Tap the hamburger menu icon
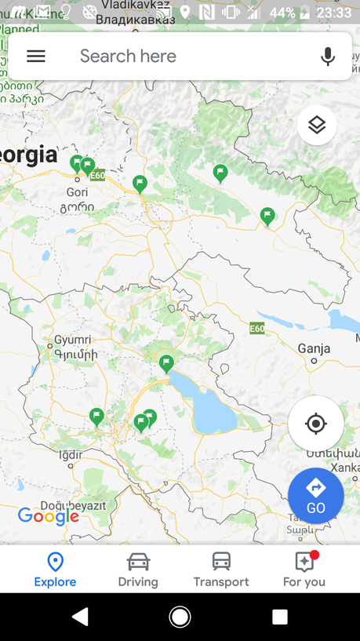pyautogui.click(x=36, y=56)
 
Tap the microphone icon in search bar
pyautogui.click(x=328, y=56)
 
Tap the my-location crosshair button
pyautogui.click(x=315, y=424)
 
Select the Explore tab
pyautogui.click(x=55, y=570)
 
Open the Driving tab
pyautogui.click(x=138, y=570)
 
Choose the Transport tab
pyautogui.click(x=221, y=570)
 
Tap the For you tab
pyautogui.click(x=304, y=570)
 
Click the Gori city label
pyautogui.click(x=77, y=191)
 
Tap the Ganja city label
pyautogui.click(x=314, y=348)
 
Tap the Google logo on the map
pyautogui.click(x=49, y=515)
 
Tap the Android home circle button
pyautogui.click(x=180, y=617)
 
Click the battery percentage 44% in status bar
pyautogui.click(x=282, y=13)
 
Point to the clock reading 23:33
pyautogui.click(x=334, y=13)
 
